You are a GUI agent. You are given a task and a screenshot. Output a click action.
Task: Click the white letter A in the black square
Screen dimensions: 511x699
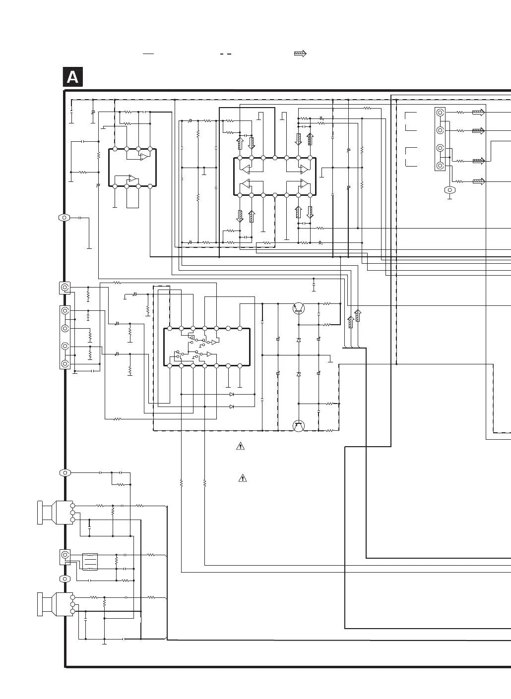click(x=72, y=78)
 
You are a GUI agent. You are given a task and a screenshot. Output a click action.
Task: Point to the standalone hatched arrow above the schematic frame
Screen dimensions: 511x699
click(x=300, y=54)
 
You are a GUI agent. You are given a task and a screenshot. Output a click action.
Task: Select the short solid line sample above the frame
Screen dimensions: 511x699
click(x=148, y=54)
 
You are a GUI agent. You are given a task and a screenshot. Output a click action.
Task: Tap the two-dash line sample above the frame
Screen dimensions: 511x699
click(x=226, y=54)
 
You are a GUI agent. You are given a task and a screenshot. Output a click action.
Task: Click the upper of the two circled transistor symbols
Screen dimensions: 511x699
click(x=298, y=308)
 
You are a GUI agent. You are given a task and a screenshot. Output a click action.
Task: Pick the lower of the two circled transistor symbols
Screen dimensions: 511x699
click(x=298, y=425)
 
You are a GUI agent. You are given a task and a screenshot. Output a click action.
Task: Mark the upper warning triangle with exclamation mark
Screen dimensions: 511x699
click(x=240, y=446)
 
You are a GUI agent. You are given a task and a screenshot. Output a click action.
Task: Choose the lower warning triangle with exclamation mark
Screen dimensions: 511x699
click(x=243, y=478)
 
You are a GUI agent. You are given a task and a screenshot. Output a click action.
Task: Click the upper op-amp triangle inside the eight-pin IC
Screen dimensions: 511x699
click(x=143, y=157)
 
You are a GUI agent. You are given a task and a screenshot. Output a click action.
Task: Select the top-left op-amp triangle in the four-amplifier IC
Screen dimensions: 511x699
click(x=246, y=169)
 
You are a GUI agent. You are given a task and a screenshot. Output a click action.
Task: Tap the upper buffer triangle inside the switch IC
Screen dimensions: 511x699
click(x=212, y=342)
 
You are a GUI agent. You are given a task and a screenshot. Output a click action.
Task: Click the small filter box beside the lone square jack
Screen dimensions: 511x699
click(x=90, y=562)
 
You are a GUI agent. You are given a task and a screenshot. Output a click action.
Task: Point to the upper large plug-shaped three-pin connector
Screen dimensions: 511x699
click(x=55, y=513)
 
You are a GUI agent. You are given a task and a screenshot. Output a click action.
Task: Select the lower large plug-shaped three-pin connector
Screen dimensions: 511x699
click(x=55, y=604)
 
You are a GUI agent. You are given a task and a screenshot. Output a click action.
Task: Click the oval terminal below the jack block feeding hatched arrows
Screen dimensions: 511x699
click(x=449, y=190)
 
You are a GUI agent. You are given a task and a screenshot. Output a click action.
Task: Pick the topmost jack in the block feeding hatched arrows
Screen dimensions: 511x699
click(x=440, y=113)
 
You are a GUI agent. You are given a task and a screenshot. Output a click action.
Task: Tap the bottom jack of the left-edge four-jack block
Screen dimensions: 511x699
click(x=65, y=364)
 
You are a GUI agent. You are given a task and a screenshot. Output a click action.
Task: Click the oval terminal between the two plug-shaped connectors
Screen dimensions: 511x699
click(x=65, y=579)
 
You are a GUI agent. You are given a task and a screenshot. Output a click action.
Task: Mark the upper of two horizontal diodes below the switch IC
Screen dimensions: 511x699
click(x=232, y=394)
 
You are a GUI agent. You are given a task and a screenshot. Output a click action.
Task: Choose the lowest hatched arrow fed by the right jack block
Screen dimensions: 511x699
click(x=478, y=181)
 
